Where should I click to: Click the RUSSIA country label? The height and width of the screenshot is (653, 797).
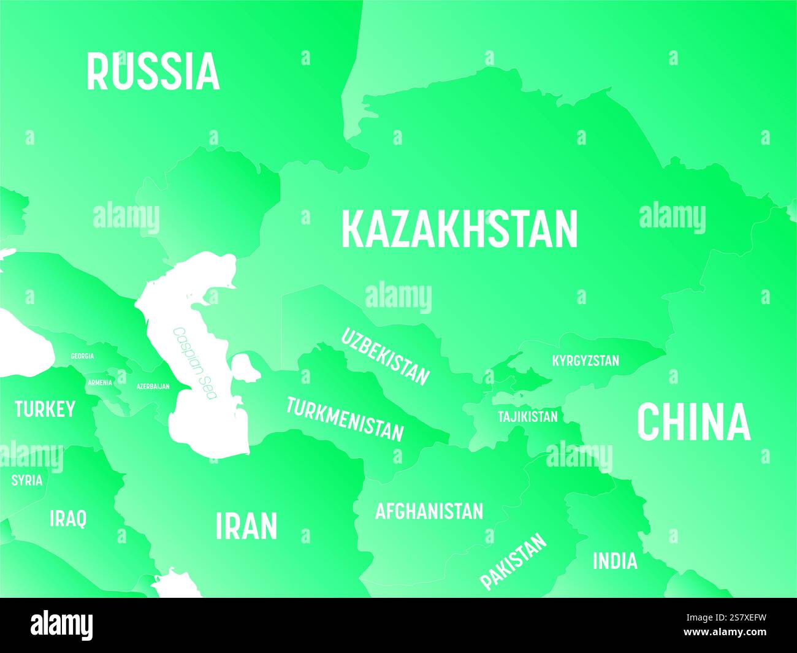point(153,72)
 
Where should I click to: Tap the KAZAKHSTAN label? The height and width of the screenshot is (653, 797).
point(459,229)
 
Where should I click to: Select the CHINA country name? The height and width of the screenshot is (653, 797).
point(693,422)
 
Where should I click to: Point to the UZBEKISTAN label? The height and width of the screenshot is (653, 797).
point(384,356)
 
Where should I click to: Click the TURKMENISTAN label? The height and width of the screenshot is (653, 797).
point(345,419)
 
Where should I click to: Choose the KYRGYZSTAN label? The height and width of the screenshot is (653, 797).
point(585,361)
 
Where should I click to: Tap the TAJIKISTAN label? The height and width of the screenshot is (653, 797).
point(528,417)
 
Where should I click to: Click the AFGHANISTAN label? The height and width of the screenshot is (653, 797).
point(429,511)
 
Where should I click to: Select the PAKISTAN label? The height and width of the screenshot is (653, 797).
point(513,561)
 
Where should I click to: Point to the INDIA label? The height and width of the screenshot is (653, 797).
point(614,560)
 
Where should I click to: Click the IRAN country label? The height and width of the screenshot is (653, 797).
point(246,526)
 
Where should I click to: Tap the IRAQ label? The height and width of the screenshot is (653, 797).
point(68,519)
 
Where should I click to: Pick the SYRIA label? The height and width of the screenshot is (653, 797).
point(27,480)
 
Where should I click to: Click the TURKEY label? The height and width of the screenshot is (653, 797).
point(45,409)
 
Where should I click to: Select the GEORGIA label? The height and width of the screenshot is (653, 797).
point(82,356)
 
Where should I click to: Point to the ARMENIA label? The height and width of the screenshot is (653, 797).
point(100,383)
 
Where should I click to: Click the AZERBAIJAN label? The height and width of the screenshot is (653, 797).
point(153,387)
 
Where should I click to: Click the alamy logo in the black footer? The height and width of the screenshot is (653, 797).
point(62,625)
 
